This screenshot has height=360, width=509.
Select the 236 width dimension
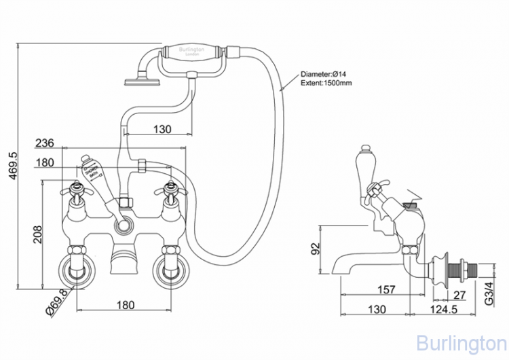point(45,144)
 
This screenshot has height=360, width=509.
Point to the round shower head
point(140,82)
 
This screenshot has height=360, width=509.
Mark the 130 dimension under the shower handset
point(162,129)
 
